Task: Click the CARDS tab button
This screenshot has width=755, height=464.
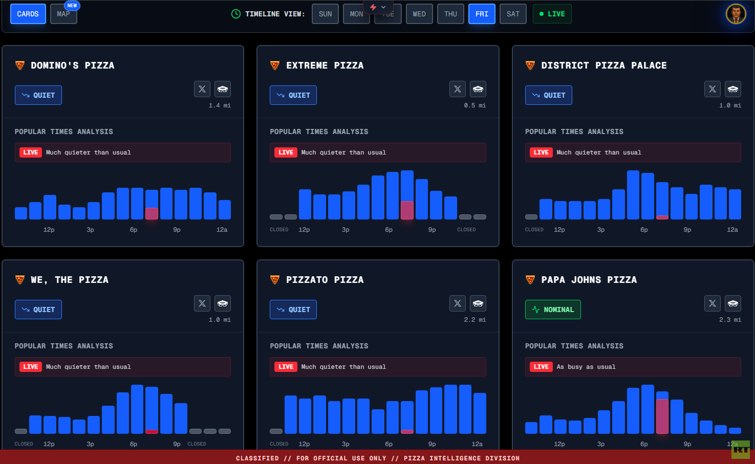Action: (x=28, y=14)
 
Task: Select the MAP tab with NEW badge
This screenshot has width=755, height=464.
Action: (x=63, y=14)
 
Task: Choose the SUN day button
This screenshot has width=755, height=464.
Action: (x=325, y=14)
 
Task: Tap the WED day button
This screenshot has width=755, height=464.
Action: (x=419, y=14)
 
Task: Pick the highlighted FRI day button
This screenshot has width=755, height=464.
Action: (x=482, y=14)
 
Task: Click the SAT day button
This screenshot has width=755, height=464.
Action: (x=513, y=14)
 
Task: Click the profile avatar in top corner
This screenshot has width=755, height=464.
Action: (x=736, y=14)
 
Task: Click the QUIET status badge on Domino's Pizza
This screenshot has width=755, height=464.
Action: (x=38, y=95)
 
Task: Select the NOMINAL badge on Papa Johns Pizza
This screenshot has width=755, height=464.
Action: (x=553, y=310)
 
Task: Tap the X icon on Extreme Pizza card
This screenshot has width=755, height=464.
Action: (x=458, y=89)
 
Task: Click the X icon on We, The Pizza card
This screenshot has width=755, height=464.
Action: (x=202, y=303)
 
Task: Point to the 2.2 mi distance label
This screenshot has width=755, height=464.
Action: (x=475, y=320)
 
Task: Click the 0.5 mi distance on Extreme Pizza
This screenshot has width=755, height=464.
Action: (x=475, y=105)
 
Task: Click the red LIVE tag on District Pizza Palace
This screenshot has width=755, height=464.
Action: (x=541, y=152)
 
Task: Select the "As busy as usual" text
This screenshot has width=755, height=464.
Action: (x=586, y=367)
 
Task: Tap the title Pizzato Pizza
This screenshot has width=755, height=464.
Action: (x=325, y=280)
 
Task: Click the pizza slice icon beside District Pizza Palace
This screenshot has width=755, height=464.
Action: (x=530, y=65)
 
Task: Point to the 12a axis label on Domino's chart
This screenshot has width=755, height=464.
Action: (x=222, y=230)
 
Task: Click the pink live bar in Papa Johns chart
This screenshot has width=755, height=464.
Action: (x=662, y=416)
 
